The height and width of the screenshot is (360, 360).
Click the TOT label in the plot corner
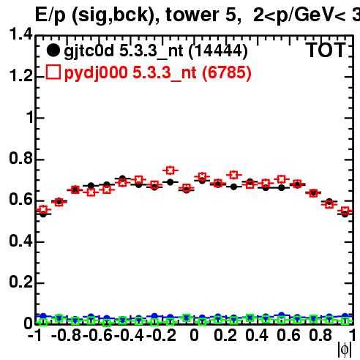(326, 50)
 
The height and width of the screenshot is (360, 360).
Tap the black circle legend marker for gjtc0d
(53, 50)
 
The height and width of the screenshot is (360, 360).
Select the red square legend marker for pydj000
(53, 72)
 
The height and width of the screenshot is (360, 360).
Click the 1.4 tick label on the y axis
(20, 34)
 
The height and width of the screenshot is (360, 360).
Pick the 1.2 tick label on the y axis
(20, 76)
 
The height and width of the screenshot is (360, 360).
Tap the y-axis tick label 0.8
(20, 158)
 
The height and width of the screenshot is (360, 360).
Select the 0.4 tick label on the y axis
(20, 241)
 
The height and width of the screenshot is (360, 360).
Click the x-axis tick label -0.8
(66, 335)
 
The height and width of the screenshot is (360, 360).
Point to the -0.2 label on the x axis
(161, 335)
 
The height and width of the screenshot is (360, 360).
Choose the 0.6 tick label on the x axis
(288, 335)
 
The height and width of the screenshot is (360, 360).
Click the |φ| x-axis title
(345, 350)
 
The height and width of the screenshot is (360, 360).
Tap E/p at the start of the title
(50, 15)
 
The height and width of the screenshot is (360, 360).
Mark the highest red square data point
(170, 170)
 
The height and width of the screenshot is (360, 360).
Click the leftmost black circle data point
(43, 214)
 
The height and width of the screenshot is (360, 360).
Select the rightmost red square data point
(345, 210)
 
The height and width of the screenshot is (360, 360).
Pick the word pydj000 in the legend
(96, 73)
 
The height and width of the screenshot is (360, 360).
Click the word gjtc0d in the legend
(89, 51)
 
